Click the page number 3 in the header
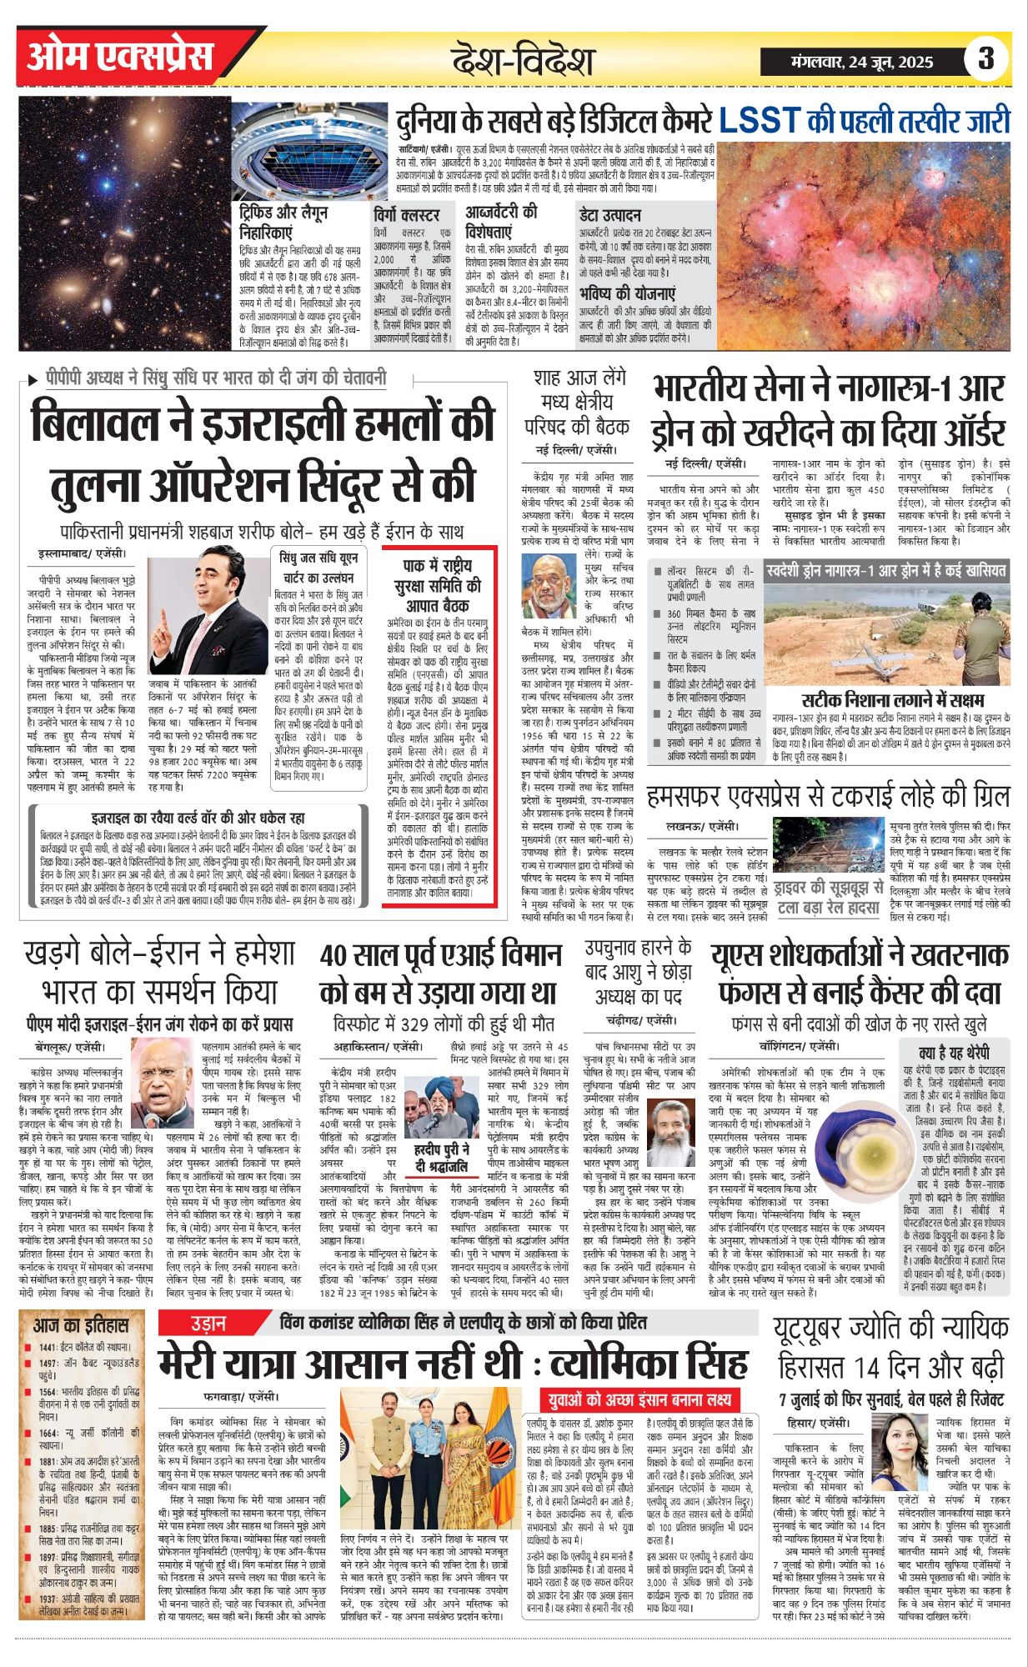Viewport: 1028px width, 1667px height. click(986, 59)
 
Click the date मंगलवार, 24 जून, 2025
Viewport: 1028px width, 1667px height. click(861, 61)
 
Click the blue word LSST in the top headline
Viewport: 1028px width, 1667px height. click(760, 120)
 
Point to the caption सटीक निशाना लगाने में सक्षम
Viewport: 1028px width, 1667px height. click(892, 699)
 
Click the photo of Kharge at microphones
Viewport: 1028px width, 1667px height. click(162, 1083)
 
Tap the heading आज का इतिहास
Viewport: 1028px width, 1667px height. click(82, 1325)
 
